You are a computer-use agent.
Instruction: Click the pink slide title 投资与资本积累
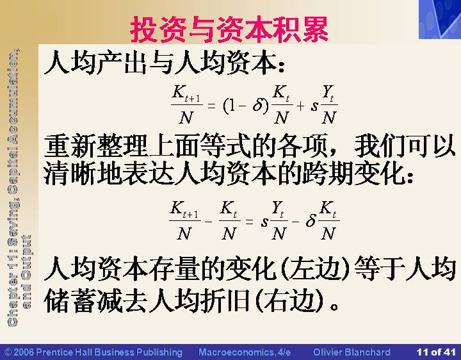(x=229, y=29)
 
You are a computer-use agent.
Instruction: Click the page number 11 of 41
(x=436, y=352)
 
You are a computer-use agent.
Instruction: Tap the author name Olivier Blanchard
(x=352, y=352)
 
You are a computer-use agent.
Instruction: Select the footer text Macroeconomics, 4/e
(x=245, y=352)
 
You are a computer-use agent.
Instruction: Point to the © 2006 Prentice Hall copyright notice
(x=93, y=352)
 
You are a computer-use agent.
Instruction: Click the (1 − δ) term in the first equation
(x=246, y=106)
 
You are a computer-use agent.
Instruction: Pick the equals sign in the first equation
(x=212, y=105)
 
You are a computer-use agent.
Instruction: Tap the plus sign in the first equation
(x=300, y=106)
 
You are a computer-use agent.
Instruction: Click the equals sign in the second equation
(x=249, y=221)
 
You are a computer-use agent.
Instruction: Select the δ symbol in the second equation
(x=311, y=220)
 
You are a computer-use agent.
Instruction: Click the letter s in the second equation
(x=264, y=222)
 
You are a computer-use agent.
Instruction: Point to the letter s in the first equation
(x=314, y=106)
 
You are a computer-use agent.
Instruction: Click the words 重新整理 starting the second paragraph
(x=95, y=146)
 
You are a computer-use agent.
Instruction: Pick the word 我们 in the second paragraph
(x=380, y=146)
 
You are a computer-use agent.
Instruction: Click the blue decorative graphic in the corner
(x=440, y=19)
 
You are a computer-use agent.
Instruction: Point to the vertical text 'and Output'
(x=26, y=272)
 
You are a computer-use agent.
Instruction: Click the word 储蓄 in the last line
(x=70, y=301)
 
